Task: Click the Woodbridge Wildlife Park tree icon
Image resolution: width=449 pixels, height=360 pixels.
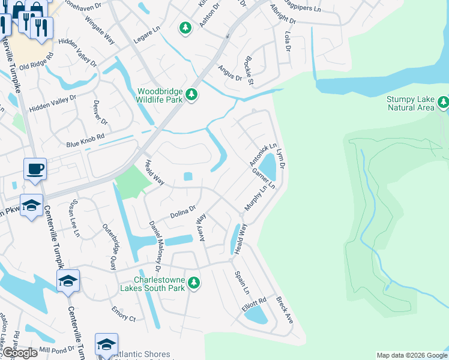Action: click(191, 95)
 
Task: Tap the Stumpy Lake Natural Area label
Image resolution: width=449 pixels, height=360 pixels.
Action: click(409, 103)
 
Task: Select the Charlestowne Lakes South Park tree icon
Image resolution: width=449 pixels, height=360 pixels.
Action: click(193, 282)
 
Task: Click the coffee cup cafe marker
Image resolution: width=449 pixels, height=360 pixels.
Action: click(35, 169)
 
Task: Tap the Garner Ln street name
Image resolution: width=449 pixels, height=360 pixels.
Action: click(264, 178)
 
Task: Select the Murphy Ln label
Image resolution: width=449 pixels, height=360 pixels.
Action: click(255, 198)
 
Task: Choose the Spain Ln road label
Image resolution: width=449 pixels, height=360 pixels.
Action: click(239, 283)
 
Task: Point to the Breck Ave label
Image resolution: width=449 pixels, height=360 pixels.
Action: click(284, 310)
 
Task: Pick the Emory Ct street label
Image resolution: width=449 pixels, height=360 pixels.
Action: click(124, 314)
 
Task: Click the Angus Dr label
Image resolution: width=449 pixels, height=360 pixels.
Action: click(229, 74)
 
